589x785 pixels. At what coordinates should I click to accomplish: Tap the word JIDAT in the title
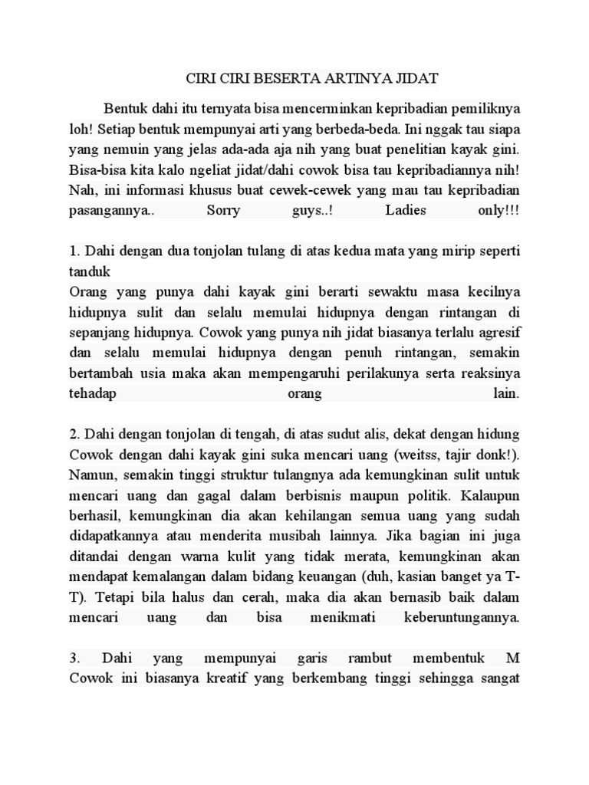tap(416, 79)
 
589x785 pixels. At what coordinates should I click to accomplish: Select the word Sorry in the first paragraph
tap(224, 210)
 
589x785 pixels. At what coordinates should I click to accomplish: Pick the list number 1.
tap(74, 251)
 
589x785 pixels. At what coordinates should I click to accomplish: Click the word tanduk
tap(90, 271)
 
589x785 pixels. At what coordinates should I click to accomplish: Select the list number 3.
tap(74, 657)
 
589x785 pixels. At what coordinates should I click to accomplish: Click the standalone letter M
tap(513, 657)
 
